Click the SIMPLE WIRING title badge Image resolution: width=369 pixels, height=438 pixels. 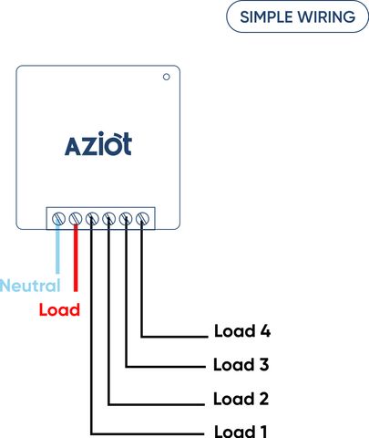coord(297,16)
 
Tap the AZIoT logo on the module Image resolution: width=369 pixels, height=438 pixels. coord(98,143)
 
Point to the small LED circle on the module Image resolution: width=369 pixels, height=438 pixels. coord(166,77)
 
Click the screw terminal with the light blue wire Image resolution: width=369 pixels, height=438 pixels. coord(58,219)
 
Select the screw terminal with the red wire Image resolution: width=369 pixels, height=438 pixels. coord(76,219)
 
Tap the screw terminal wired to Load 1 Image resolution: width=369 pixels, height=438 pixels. coord(92,219)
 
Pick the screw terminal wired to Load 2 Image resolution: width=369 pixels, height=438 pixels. coord(108,219)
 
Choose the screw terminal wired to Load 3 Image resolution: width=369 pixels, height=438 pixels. coord(126,219)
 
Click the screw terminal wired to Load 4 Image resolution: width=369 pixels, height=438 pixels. coord(142,219)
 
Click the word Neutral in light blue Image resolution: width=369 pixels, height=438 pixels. coord(30,286)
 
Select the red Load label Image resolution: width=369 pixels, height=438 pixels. coord(59,309)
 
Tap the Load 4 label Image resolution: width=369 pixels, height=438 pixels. coord(242,330)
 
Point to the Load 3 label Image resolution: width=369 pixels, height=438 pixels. coord(241,364)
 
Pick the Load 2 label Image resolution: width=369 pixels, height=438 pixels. coord(241,399)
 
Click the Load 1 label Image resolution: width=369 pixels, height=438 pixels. coord(241,432)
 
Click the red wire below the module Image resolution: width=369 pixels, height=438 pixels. coord(76,258)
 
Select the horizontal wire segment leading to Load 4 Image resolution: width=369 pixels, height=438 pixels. coord(174,337)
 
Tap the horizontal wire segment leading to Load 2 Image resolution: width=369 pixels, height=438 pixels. coord(157,404)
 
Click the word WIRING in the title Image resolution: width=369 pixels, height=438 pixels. coord(326,16)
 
